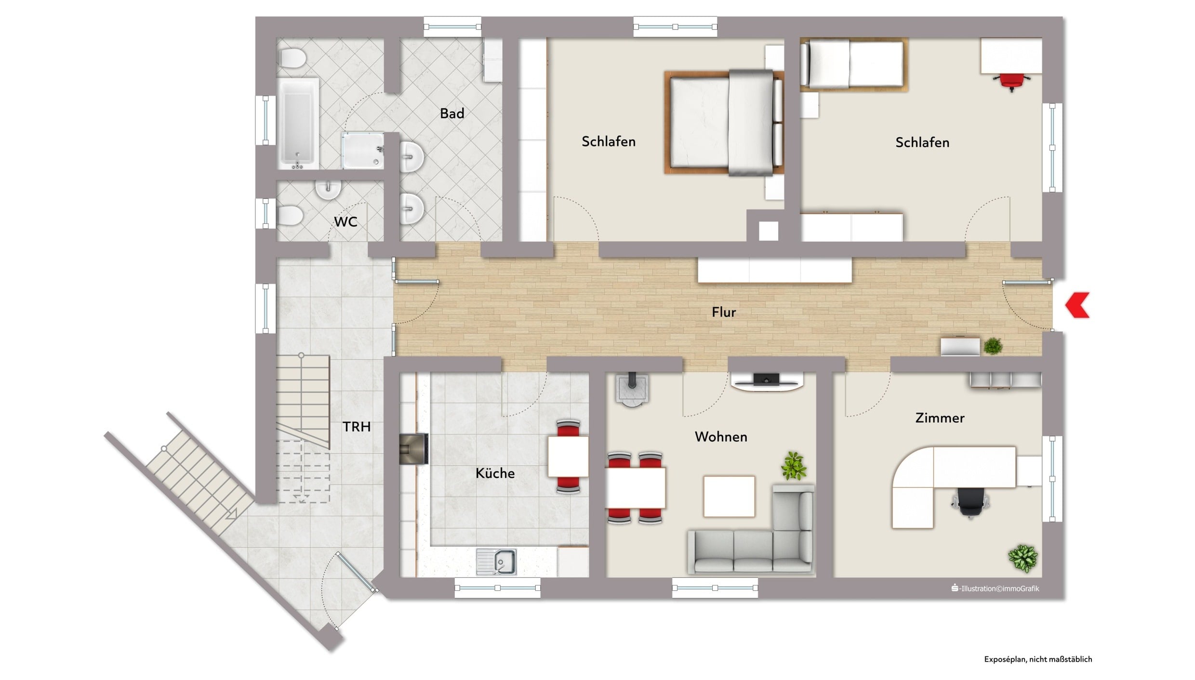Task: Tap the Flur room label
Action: point(724,312)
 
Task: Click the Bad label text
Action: point(452,114)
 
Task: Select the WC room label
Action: point(345,222)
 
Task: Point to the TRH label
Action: point(357,427)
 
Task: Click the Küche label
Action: point(495,473)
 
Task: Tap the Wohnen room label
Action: point(721,437)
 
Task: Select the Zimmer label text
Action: point(940,418)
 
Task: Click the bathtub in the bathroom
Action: point(298,124)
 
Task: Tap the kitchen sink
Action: point(496,562)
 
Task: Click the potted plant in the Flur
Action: point(993,345)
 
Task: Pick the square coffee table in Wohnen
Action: point(729,497)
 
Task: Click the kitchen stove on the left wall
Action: point(413,449)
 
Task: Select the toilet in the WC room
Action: point(290,215)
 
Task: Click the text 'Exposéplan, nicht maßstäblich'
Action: point(1038,659)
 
